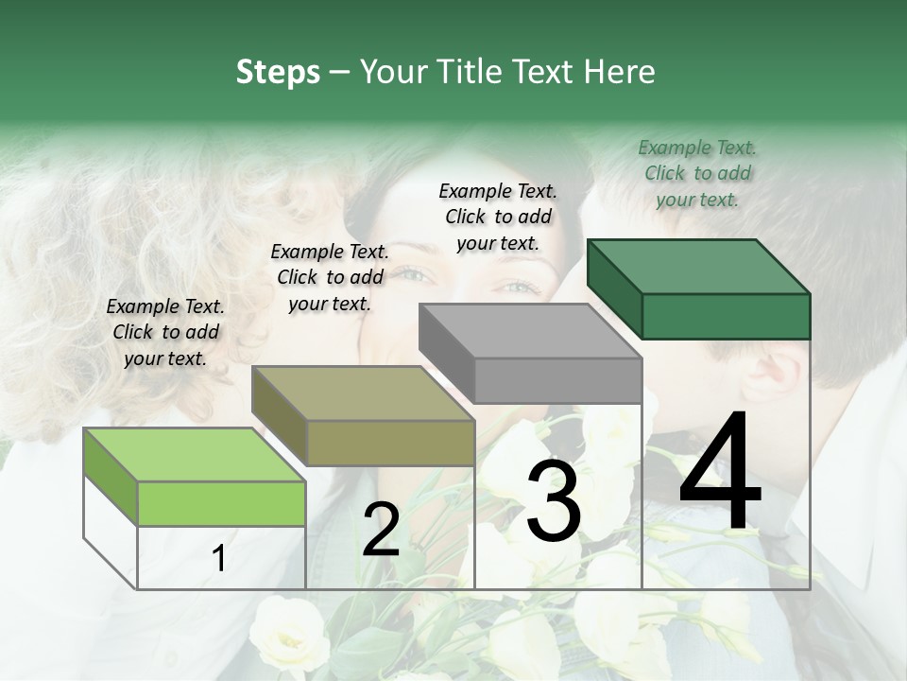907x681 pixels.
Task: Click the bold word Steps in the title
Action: tap(278, 72)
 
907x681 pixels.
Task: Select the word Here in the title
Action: tap(621, 72)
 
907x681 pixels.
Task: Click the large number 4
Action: tap(720, 473)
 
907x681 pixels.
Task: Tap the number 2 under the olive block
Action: tap(381, 530)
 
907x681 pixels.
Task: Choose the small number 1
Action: tap(219, 559)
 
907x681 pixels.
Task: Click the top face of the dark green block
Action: tap(698, 267)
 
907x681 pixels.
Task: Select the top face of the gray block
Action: tap(530, 331)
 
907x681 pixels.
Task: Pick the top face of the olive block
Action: tap(363, 393)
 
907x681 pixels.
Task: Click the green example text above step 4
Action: tap(697, 173)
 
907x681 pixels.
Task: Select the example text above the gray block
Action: tap(498, 217)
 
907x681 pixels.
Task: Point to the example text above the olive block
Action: tap(330, 277)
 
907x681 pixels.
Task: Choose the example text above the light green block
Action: tap(165, 332)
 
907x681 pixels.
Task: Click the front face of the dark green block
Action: tap(726, 316)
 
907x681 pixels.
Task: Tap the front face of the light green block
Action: tap(221, 503)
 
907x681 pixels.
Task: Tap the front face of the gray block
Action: tap(557, 380)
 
